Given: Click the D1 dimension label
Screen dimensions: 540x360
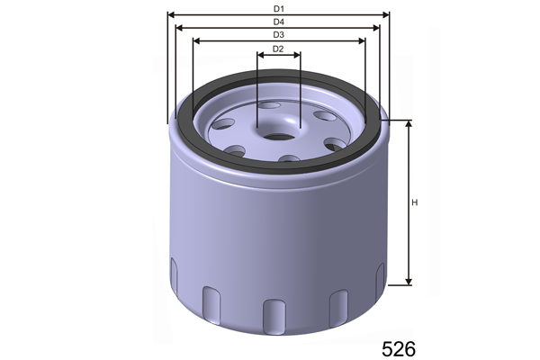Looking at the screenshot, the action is point(279,9).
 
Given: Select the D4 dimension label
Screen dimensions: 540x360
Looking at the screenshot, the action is point(279,22).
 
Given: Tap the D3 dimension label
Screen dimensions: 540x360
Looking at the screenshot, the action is point(279,35).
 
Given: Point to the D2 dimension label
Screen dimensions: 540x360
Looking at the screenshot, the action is point(278,49).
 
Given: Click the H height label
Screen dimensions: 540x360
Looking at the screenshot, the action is point(415,202).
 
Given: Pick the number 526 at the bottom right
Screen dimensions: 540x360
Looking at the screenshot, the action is point(399,349).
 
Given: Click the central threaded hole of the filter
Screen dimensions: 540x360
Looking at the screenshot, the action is point(279,137).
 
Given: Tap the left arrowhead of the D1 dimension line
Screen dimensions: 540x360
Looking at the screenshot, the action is point(171,14).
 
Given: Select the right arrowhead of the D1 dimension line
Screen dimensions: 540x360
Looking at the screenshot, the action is point(386,14).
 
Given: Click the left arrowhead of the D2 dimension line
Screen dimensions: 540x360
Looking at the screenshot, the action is point(261,55).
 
